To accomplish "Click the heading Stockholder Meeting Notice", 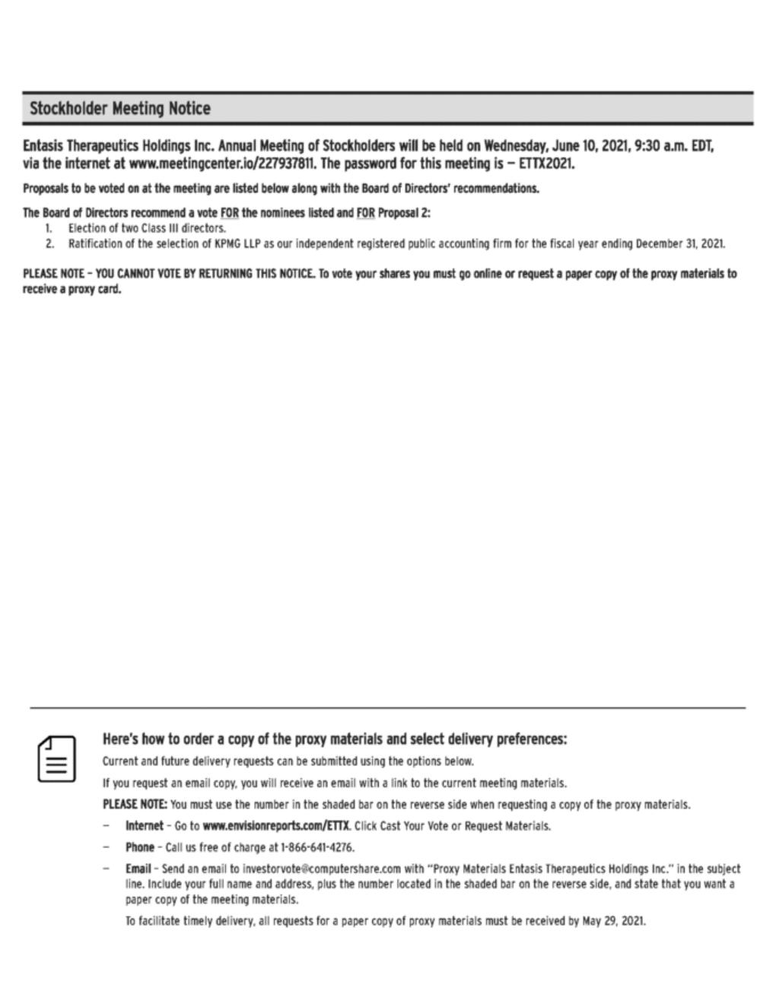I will point(120,109).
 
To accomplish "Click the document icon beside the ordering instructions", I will point(56,758).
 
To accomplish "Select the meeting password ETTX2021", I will point(546,164).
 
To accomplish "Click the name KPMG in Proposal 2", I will point(227,244).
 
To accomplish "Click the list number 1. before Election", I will point(48,228).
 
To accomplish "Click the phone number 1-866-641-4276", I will point(317,847).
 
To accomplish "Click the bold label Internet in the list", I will point(144,825).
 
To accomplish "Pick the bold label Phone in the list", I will point(140,847).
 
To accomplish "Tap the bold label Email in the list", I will point(138,869).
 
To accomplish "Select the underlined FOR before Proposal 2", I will point(366,214).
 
